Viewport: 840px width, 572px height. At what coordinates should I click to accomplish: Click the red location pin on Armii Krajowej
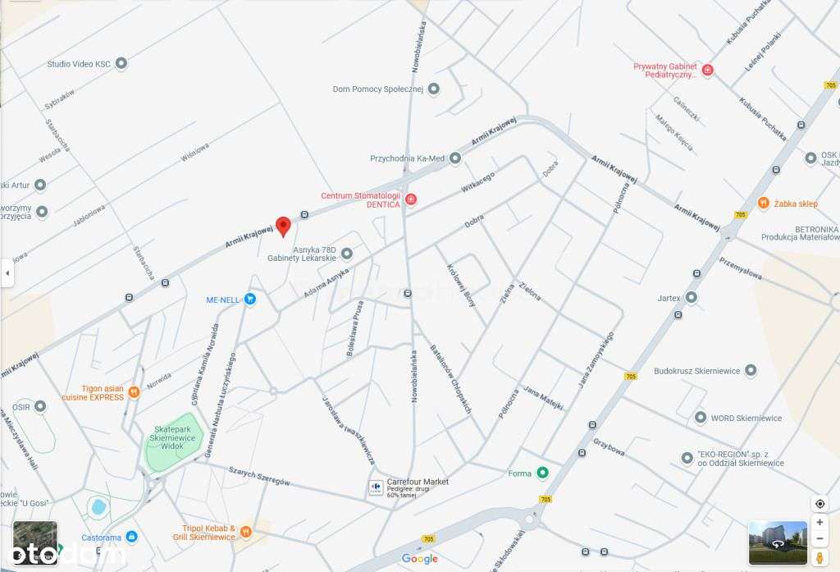pyautogui.click(x=283, y=226)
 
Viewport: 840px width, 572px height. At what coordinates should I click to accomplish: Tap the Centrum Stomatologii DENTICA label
pyautogui.click(x=360, y=200)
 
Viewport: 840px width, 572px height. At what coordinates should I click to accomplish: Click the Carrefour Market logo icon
pyautogui.click(x=375, y=487)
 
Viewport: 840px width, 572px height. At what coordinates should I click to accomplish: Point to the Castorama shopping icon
pyautogui.click(x=131, y=538)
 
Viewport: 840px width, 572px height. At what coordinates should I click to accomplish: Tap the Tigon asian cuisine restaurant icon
pyautogui.click(x=134, y=392)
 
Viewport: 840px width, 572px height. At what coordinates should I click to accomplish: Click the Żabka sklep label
pyautogui.click(x=797, y=204)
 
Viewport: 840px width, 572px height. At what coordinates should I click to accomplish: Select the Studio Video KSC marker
pyautogui.click(x=121, y=63)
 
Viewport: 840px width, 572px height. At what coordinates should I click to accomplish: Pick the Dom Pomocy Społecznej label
pyautogui.click(x=377, y=89)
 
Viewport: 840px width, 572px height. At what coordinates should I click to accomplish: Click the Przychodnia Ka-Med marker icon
pyautogui.click(x=455, y=158)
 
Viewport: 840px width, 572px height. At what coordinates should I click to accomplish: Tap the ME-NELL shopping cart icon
pyautogui.click(x=251, y=300)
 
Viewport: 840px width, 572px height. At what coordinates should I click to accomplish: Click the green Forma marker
pyautogui.click(x=542, y=473)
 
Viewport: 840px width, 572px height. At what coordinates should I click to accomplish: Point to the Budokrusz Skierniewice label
pyautogui.click(x=696, y=371)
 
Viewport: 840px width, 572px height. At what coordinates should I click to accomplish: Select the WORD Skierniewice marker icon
pyautogui.click(x=700, y=418)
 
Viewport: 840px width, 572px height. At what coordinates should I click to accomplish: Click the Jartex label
pyautogui.click(x=669, y=297)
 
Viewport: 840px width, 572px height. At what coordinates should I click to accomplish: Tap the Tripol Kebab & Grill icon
pyautogui.click(x=245, y=533)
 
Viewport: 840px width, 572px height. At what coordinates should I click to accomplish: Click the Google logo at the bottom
pyautogui.click(x=420, y=559)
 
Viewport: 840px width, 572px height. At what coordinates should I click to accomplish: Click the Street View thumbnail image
pyautogui.click(x=778, y=542)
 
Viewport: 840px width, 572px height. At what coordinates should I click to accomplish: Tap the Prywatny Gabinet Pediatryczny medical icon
pyautogui.click(x=708, y=71)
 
